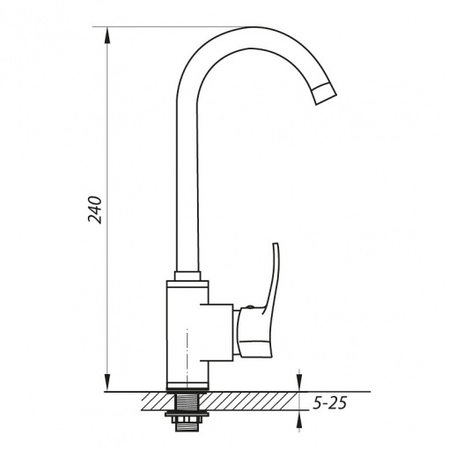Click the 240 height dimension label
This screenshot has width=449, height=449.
95,210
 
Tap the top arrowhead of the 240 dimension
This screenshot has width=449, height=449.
108,36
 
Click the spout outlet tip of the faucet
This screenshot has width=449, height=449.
324,94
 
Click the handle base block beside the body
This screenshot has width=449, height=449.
254,333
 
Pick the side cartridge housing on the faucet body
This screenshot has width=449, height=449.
217,332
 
